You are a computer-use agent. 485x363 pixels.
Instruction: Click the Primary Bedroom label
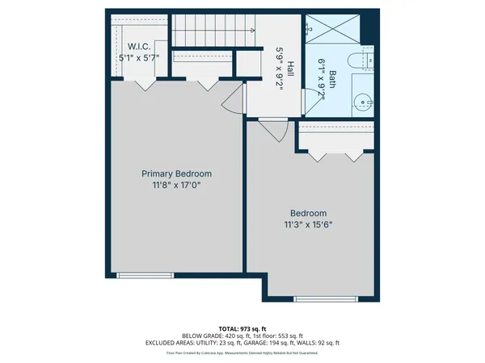point(176,174)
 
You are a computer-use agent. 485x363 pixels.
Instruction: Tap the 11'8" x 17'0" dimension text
point(176,186)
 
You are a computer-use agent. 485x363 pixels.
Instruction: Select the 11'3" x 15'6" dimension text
point(309,225)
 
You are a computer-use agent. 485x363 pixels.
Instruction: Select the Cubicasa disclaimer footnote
point(242,353)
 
